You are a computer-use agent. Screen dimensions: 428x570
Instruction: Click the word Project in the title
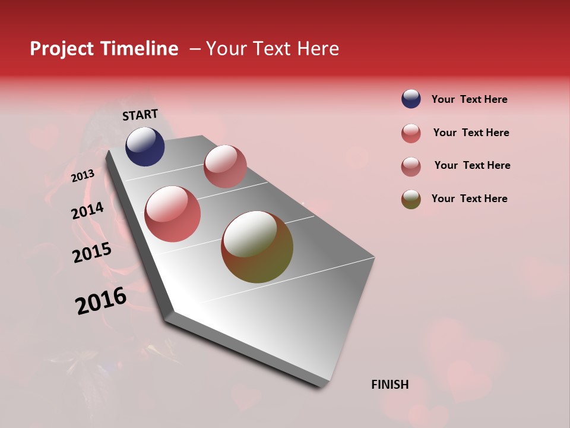pyautogui.click(x=61, y=49)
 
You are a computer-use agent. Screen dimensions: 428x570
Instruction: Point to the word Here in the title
pyautogui.click(x=318, y=49)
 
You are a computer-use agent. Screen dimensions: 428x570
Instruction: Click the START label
pyautogui.click(x=140, y=115)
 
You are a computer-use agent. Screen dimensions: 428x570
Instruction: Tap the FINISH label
pyautogui.click(x=390, y=385)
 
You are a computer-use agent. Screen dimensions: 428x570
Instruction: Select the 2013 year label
pyautogui.click(x=83, y=175)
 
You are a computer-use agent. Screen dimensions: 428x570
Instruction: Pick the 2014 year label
pyautogui.click(x=88, y=210)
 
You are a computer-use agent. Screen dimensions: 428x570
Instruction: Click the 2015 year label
pyautogui.click(x=92, y=253)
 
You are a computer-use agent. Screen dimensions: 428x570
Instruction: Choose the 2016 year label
pyautogui.click(x=101, y=300)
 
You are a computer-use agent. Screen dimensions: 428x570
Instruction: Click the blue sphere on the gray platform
pyautogui.click(x=145, y=146)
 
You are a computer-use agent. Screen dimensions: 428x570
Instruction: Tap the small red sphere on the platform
pyautogui.click(x=225, y=166)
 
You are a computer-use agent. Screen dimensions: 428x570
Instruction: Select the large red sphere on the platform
pyautogui.click(x=173, y=214)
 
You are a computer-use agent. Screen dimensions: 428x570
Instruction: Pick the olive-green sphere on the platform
pyautogui.click(x=257, y=247)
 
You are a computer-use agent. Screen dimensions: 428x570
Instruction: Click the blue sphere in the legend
pyautogui.click(x=411, y=99)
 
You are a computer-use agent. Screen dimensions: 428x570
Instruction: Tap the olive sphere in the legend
pyautogui.click(x=411, y=199)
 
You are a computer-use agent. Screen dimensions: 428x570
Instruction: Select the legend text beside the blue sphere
pyautogui.click(x=469, y=99)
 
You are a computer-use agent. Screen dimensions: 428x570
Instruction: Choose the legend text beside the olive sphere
pyautogui.click(x=469, y=199)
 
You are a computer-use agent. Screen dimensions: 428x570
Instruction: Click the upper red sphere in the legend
pyautogui.click(x=411, y=133)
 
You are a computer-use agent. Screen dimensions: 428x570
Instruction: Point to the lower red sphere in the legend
pyautogui.click(x=411, y=166)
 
